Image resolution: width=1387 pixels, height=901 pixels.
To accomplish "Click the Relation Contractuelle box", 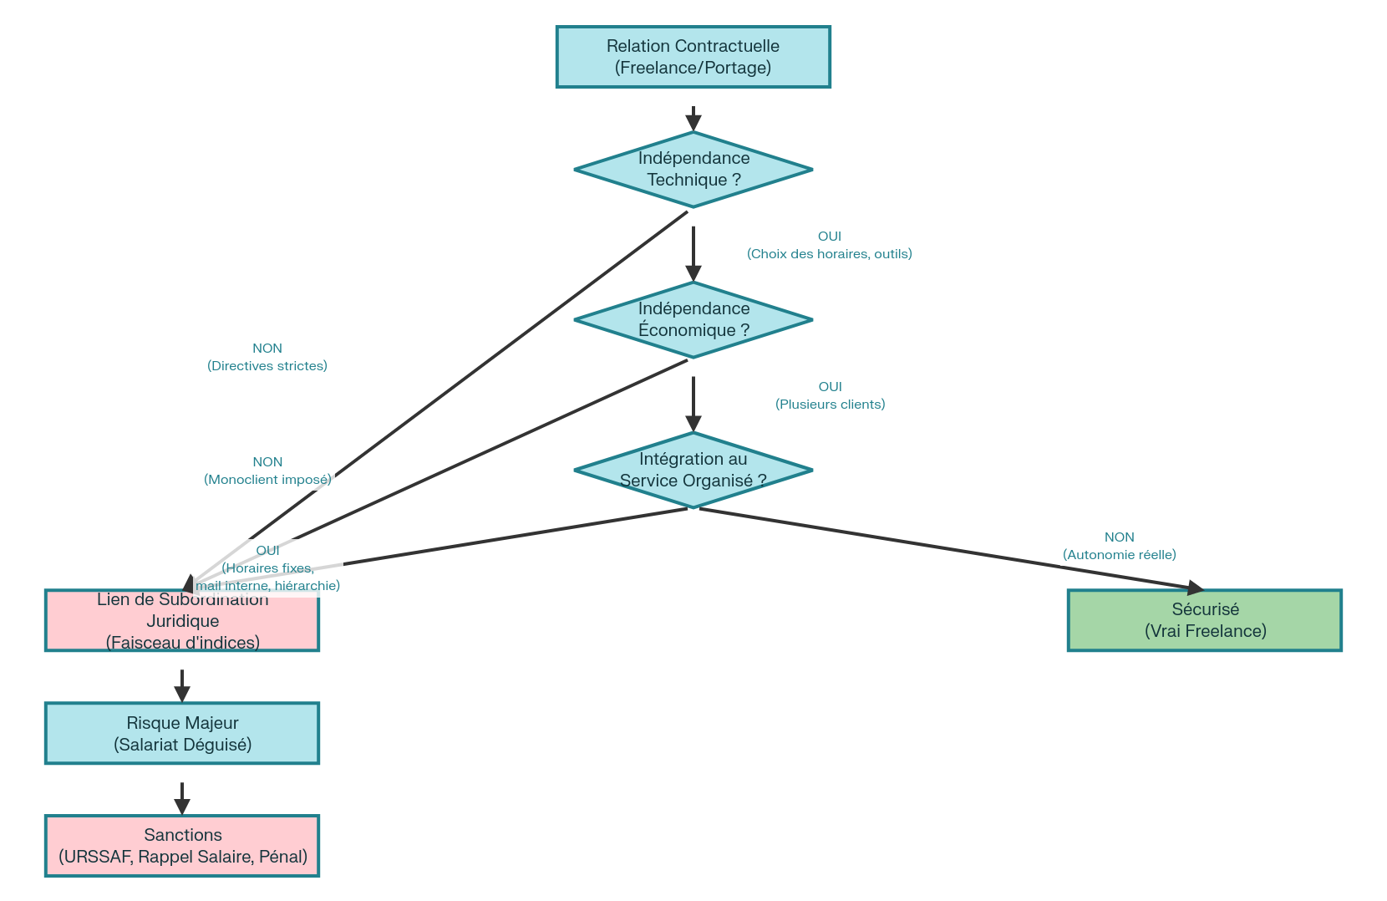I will click(693, 57).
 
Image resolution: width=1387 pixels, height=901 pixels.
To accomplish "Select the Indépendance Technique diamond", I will click(693, 170).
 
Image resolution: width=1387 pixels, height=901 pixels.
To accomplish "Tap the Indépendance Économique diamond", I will click(693, 320).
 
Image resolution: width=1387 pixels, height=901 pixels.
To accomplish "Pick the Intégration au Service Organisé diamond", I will click(693, 470).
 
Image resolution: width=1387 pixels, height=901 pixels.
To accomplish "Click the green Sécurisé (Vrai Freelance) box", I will click(1204, 620).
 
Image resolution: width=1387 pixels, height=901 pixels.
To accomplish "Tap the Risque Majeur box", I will click(182, 733).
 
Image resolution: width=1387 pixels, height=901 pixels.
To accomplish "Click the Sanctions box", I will click(182, 846).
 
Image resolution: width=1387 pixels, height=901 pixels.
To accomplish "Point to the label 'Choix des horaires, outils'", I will click(829, 254).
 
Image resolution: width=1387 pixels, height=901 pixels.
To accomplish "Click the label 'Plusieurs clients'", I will click(830, 405).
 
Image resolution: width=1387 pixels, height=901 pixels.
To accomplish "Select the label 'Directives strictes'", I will click(267, 366).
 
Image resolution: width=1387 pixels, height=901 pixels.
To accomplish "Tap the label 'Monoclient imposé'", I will click(267, 480).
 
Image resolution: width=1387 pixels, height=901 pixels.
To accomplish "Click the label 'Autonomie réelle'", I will click(1119, 555).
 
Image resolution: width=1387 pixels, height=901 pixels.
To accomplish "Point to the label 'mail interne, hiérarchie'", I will click(267, 586).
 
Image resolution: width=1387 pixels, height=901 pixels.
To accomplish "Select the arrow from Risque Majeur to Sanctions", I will click(182, 797).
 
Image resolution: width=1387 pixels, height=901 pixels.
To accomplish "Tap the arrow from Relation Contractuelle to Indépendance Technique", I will click(693, 118).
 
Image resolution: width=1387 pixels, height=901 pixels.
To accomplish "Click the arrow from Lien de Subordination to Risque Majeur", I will click(182, 685).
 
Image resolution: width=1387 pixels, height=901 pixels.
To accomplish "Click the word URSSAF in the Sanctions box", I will click(98, 857).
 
